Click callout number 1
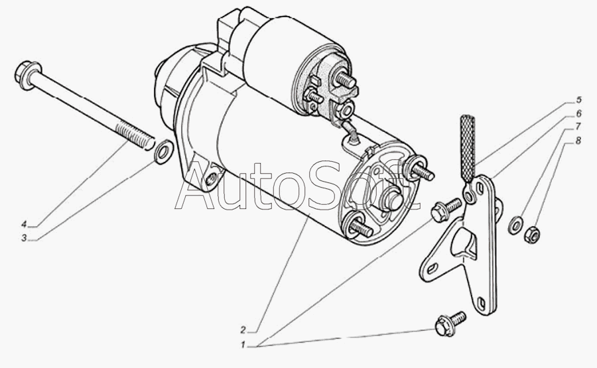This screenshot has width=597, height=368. (x=243, y=345)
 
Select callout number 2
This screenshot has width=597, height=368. (x=243, y=329)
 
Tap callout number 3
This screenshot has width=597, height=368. (x=24, y=239)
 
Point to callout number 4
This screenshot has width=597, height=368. (x=24, y=223)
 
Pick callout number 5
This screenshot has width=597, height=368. (x=578, y=100)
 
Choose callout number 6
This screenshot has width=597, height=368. (x=578, y=113)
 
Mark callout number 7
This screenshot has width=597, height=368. (x=578, y=127)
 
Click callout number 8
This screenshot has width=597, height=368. (x=578, y=141)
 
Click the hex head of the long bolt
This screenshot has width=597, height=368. (x=27, y=74)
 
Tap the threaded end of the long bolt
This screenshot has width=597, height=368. (x=136, y=135)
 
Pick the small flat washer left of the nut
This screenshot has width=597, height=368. (x=515, y=225)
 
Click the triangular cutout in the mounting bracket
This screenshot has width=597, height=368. (x=464, y=243)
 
